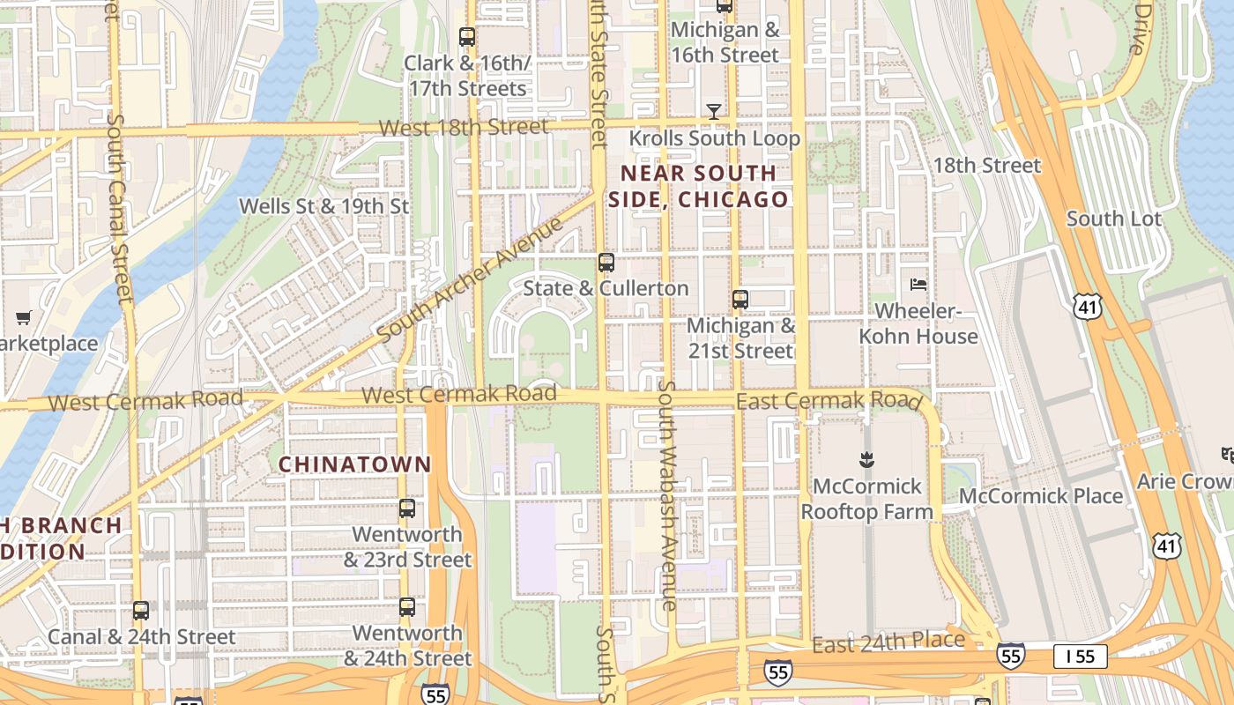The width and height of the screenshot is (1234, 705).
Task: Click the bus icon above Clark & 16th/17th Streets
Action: (467, 37)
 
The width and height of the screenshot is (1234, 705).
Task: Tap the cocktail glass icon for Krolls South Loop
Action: (714, 111)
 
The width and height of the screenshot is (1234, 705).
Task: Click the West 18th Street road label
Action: (464, 127)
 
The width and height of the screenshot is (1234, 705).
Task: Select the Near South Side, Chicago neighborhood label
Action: (698, 186)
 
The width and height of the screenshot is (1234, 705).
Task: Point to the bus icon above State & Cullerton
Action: (606, 262)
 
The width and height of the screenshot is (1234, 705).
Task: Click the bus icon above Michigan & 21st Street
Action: (740, 299)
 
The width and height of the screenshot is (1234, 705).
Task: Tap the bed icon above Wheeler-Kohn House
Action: (918, 284)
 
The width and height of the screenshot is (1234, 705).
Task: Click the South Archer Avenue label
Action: (469, 281)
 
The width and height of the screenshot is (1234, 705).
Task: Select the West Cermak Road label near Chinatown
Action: (459, 394)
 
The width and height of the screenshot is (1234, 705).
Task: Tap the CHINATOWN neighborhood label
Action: (355, 464)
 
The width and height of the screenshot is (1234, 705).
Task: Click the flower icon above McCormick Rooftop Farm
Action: (866, 459)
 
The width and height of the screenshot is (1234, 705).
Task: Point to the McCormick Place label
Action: (1041, 496)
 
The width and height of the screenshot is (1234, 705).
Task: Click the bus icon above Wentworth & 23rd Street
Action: (406, 508)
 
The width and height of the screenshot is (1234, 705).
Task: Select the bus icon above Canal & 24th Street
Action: (141, 610)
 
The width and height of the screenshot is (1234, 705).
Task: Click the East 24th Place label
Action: (888, 642)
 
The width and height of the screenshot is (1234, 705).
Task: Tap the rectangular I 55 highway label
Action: (1080, 656)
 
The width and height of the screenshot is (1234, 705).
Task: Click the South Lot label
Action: (1114, 219)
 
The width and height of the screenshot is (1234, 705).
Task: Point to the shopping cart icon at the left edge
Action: (24, 317)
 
